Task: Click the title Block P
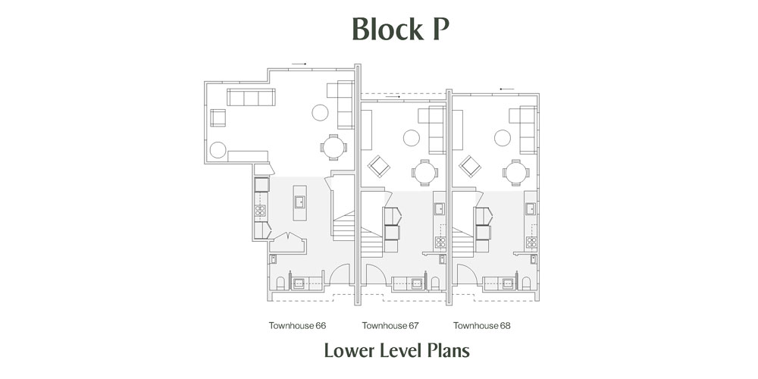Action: point(400,29)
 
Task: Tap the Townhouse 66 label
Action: point(297,325)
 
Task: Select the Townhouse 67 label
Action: point(390,325)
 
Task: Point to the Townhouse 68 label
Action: point(481,325)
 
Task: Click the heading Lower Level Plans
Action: point(397,350)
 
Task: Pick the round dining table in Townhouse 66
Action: point(334,148)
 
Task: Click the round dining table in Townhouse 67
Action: point(425,173)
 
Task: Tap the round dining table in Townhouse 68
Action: point(515,173)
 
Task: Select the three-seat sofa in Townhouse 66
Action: point(251,97)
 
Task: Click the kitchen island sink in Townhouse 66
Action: point(299,202)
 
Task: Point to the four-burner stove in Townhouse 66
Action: point(260,211)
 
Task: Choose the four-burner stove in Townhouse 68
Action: point(531,243)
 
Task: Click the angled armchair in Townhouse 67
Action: point(378,166)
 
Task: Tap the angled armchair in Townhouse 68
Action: point(470,166)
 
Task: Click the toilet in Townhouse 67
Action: point(435,283)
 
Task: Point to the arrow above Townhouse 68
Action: point(506,89)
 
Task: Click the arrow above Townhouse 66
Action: point(299,64)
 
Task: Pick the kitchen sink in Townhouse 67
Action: point(440,209)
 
